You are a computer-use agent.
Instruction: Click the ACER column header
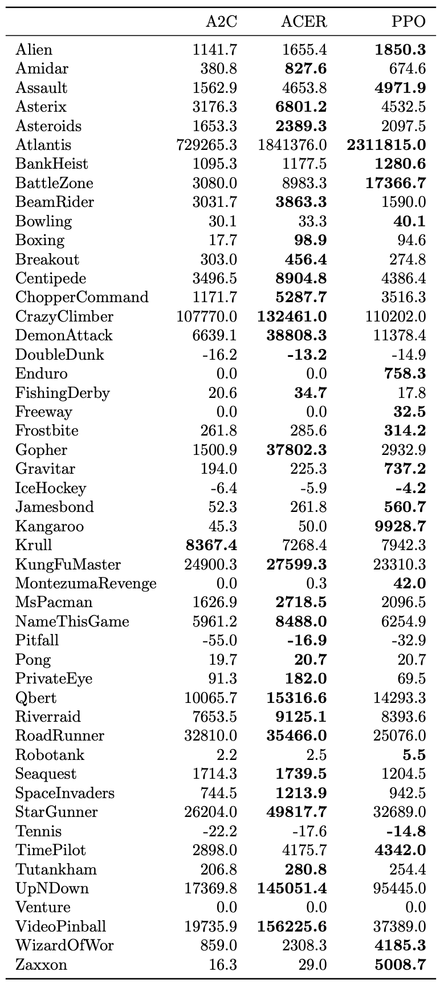304,22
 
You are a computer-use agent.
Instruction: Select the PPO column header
408,22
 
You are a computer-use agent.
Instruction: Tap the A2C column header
221,22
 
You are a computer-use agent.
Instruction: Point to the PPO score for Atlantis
386,145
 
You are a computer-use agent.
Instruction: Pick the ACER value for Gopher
296,450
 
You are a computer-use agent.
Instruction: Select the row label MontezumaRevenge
85,583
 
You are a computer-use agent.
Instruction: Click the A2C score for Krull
211,545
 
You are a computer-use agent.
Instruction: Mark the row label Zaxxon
41,965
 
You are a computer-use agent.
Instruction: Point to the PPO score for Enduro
404,373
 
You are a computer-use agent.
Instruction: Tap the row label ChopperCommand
82,297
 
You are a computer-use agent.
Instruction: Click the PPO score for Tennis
404,831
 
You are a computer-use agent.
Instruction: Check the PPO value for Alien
400,50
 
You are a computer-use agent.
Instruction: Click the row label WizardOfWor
64,945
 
